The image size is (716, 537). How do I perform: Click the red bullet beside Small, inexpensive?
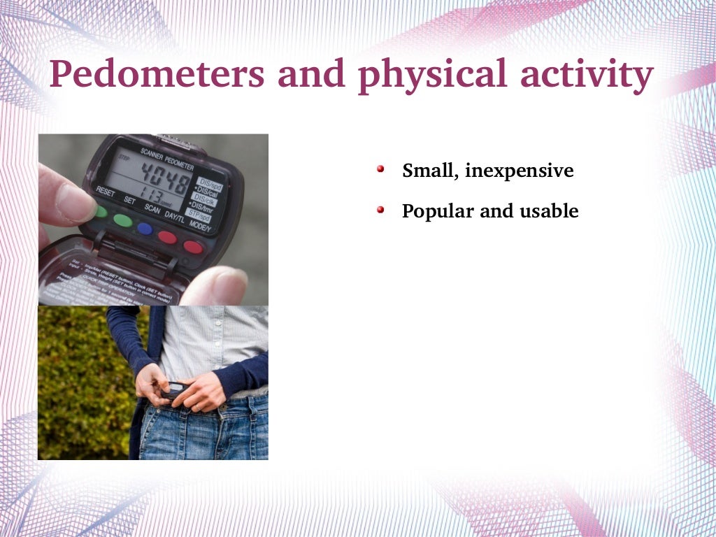[x=381, y=169]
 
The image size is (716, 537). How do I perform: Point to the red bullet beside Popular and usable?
[x=381, y=210]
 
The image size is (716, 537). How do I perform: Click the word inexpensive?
[x=519, y=171]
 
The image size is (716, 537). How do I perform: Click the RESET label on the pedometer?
[x=106, y=192]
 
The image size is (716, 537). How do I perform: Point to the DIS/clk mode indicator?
[x=205, y=198]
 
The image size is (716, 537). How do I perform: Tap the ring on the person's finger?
[x=197, y=405]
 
